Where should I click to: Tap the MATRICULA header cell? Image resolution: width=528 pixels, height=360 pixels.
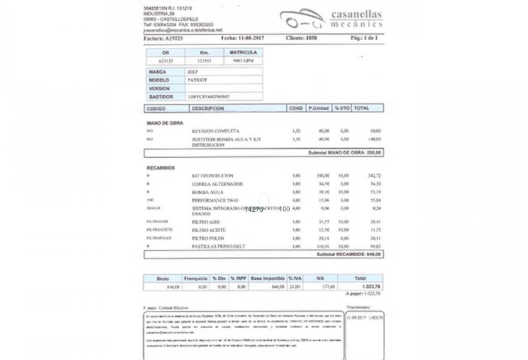point(244,52)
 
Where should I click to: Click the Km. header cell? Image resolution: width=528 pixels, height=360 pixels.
point(204,52)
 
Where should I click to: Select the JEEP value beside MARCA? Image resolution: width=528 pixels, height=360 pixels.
point(194,71)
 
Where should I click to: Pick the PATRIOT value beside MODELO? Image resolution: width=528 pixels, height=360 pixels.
point(197,80)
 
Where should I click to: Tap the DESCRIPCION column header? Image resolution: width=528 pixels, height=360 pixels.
point(208,109)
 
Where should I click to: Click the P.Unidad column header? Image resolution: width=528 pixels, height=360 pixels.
point(318,109)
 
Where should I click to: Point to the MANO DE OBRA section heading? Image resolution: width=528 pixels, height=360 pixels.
point(165,122)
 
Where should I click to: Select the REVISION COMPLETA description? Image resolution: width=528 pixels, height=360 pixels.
point(215,131)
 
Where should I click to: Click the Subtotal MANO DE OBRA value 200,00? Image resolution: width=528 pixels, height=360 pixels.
point(375,153)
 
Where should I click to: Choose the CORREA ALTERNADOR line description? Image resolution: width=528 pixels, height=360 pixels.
point(217,184)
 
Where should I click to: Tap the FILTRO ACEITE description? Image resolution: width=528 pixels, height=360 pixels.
point(208,230)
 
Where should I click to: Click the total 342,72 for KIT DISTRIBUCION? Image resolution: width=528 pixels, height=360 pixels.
point(375,175)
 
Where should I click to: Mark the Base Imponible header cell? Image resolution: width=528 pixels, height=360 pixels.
point(267,278)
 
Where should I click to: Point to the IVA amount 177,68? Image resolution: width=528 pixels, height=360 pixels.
point(328,287)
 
